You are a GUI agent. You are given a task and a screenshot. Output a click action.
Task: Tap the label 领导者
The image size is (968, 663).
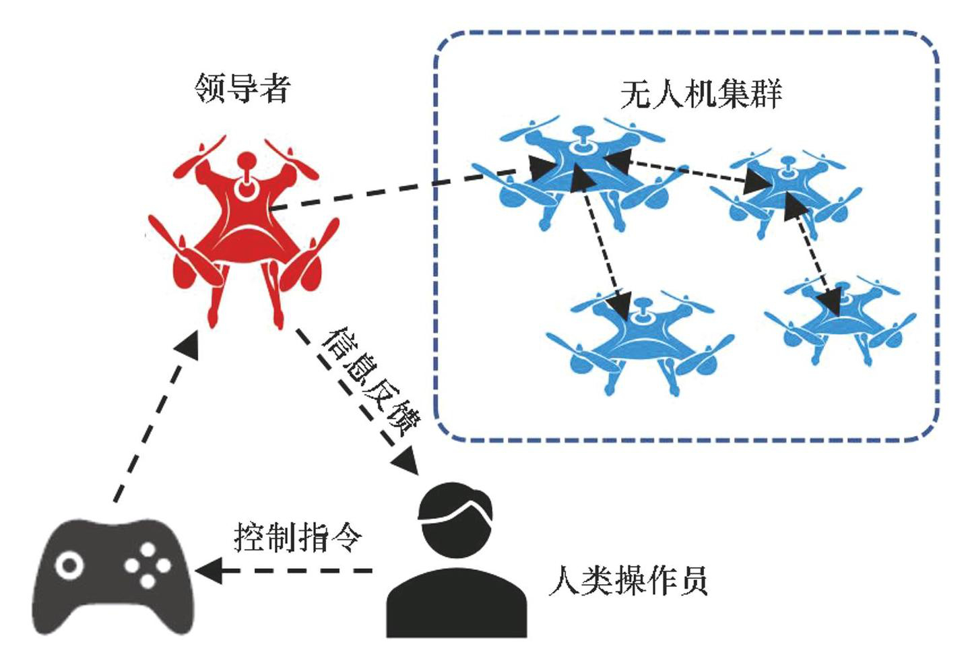[x=242, y=88]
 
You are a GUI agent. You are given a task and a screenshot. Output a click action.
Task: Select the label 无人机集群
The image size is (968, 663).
[x=701, y=94]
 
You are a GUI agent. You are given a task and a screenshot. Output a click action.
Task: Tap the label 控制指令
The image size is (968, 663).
[x=297, y=538]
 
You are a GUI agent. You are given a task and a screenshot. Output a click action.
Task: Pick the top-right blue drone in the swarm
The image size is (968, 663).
[x=785, y=192]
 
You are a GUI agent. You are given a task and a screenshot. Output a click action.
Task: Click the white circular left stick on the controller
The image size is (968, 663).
[x=69, y=565]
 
